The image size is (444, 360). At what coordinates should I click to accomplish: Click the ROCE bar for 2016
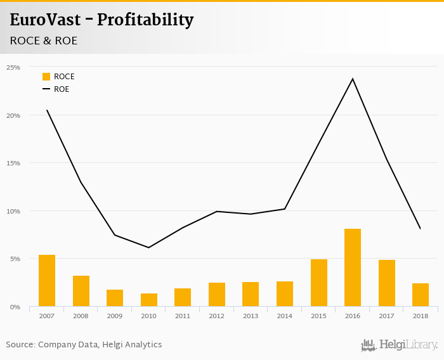click(353, 267)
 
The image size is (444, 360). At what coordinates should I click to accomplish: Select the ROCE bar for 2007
click(47, 281)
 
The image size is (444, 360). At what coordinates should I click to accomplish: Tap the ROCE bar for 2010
click(149, 300)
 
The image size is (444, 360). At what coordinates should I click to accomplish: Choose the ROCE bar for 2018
click(421, 295)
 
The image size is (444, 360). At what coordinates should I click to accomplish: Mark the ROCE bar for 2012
click(217, 294)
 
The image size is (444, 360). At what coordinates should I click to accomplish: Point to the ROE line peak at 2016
click(353, 79)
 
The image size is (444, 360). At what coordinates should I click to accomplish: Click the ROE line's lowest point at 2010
click(149, 247)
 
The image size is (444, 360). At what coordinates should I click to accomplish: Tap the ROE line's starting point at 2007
click(47, 110)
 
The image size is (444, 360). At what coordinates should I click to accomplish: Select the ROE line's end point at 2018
click(420, 228)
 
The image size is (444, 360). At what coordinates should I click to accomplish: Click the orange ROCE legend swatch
click(46, 77)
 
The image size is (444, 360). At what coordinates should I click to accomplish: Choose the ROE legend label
click(62, 89)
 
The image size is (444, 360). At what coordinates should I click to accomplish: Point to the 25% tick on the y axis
click(13, 67)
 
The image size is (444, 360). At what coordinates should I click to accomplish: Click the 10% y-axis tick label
click(13, 211)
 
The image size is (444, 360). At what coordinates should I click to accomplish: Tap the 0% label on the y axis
click(15, 307)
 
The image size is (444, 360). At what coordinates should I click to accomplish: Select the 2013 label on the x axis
click(251, 316)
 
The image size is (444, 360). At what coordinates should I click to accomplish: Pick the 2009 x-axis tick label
click(115, 316)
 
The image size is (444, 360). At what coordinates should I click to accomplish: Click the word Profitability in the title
click(145, 20)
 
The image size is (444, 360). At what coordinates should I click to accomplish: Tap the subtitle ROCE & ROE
click(44, 41)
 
